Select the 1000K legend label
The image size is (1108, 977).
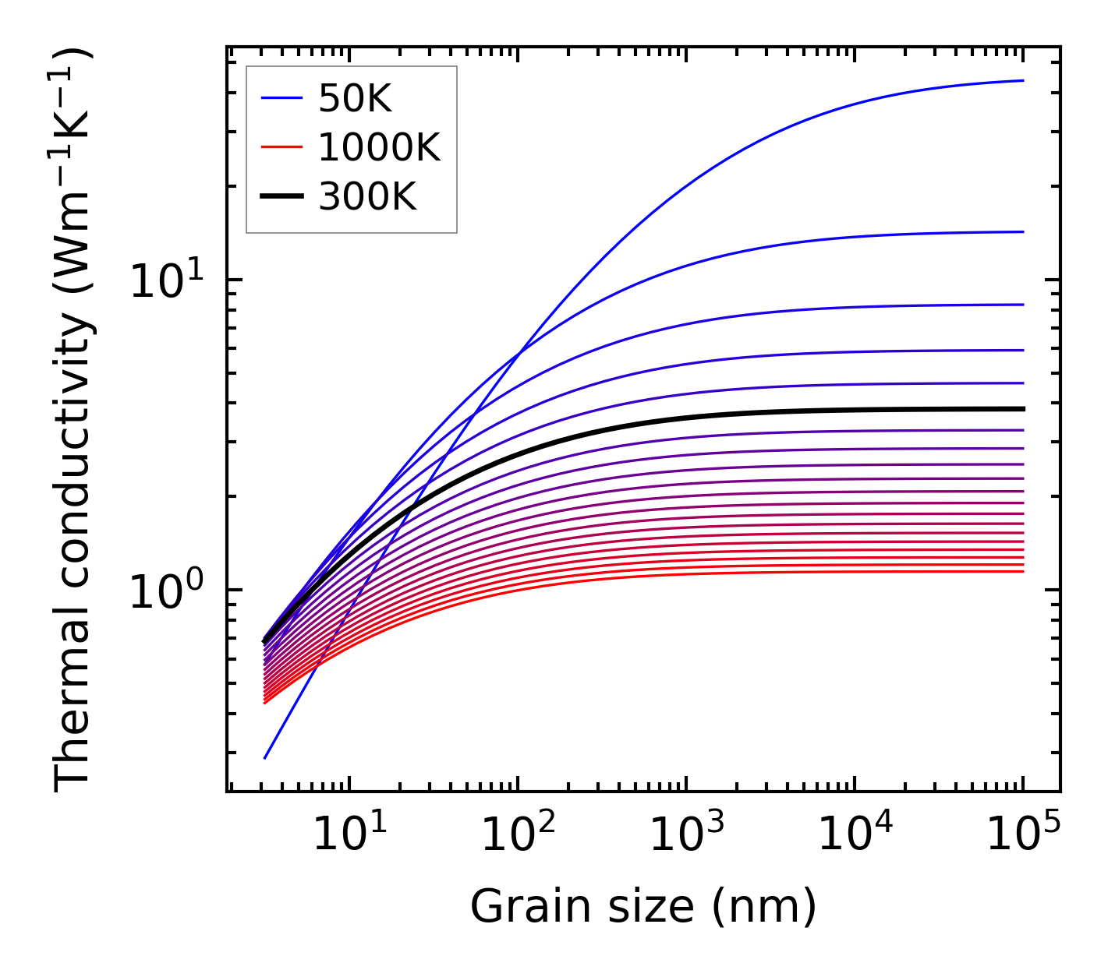pyautogui.click(x=379, y=147)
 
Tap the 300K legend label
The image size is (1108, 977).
pyautogui.click(x=367, y=197)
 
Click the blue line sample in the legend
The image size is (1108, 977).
pyautogui.click(x=281, y=98)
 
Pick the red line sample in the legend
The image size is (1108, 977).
pyautogui.click(x=281, y=147)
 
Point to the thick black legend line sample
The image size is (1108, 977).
pyautogui.click(x=281, y=197)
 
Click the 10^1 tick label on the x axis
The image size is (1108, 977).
pyautogui.click(x=349, y=837)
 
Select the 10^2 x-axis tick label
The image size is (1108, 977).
pyautogui.click(x=517, y=837)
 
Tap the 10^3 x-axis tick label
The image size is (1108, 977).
pyautogui.click(x=685, y=837)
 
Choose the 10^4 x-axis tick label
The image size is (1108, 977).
pyautogui.click(x=854, y=837)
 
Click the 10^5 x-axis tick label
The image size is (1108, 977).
pyautogui.click(x=1022, y=837)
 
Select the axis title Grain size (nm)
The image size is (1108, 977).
pyautogui.click(x=643, y=907)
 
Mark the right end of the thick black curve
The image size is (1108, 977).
pyautogui.click(x=1022, y=408)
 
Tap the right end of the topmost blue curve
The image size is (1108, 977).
pyautogui.click(x=1022, y=80)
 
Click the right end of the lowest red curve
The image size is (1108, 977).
pyautogui.click(x=1022, y=572)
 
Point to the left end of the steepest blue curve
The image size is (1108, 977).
pyautogui.click(x=265, y=757)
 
